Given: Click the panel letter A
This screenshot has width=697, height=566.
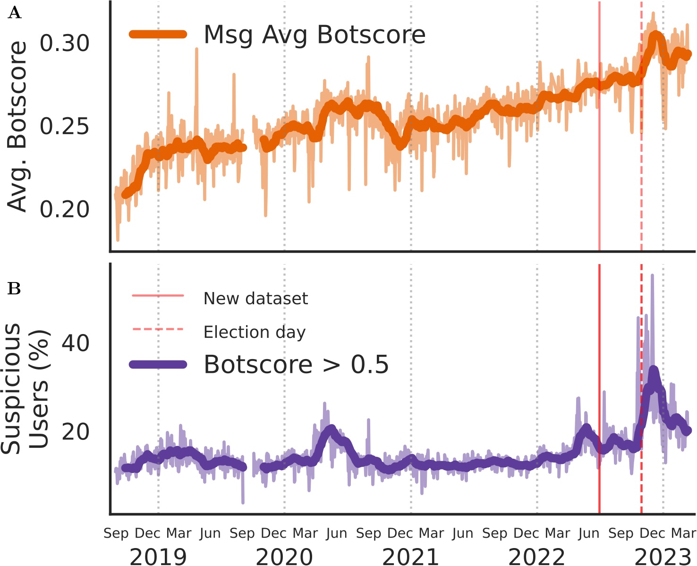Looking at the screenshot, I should coord(15,13).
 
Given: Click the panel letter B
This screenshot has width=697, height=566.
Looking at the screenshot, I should coord(15,288).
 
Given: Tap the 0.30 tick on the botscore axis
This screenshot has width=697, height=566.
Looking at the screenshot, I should coord(64,43).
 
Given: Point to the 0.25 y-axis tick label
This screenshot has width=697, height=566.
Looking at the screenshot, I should coord(64,126).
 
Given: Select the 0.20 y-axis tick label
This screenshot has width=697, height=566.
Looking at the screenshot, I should coord(64,209).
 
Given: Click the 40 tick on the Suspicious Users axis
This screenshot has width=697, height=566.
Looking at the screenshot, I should coord(75,343).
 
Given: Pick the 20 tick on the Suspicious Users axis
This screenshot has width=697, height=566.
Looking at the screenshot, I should coord(75,431).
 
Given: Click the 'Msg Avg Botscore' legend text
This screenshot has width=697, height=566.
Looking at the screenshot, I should coord(314,34).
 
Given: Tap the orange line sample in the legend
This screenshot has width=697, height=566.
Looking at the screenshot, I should coord(158,34).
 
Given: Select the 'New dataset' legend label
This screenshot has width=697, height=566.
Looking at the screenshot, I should coord(255,299).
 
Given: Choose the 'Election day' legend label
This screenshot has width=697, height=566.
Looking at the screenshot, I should coord(255,332).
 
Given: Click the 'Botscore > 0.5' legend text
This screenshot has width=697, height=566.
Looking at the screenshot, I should coord(296,364).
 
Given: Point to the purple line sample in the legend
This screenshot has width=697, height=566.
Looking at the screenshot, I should coord(158,364).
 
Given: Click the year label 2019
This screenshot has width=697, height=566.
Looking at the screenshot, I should coord(158,557).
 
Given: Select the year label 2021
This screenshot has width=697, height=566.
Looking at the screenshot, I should coord(410,557).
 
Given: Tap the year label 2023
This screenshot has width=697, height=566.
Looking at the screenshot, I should coord(663,557).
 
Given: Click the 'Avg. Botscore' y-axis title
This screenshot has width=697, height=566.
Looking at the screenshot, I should coord(18,126).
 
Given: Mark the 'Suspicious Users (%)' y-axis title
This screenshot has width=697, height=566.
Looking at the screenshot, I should coord(25,388).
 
